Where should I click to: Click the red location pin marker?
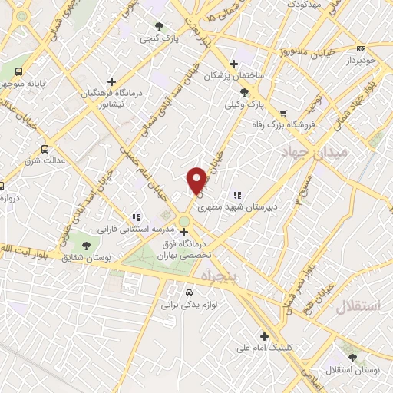[197, 180]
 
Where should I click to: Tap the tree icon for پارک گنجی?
[159, 25]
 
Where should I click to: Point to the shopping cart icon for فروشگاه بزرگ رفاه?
[283, 113]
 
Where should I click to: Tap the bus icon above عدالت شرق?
[45, 149]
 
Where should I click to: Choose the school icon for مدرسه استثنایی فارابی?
[137, 217]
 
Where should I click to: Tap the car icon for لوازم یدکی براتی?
[189, 292]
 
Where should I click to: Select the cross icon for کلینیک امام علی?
[264, 335]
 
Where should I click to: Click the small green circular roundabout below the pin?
[184, 223]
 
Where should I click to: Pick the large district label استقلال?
[358, 306]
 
